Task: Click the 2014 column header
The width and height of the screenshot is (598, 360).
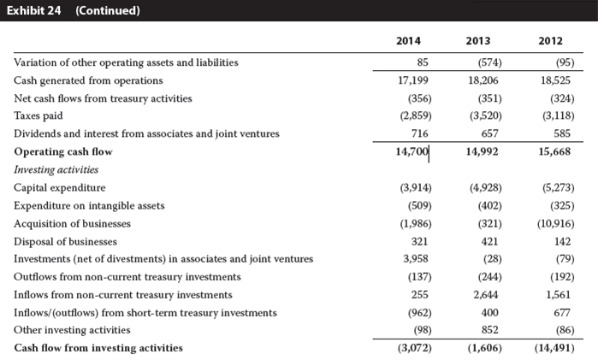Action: click(x=408, y=41)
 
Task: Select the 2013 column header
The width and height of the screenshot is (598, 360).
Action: click(x=478, y=41)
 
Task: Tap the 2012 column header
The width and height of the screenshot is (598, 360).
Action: click(x=550, y=41)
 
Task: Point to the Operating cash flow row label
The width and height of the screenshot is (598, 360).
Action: click(x=63, y=151)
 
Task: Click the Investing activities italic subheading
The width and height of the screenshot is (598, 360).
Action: click(x=56, y=169)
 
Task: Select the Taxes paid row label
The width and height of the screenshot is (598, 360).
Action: click(x=38, y=115)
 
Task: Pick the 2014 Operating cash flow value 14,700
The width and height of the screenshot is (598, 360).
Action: click(x=411, y=151)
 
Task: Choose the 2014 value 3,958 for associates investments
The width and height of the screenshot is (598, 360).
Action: click(x=416, y=259)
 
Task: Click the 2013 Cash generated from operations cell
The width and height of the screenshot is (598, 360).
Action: click(x=483, y=80)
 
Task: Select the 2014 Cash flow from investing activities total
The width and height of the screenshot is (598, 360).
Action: click(x=415, y=348)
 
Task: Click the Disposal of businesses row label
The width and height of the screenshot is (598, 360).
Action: click(x=65, y=242)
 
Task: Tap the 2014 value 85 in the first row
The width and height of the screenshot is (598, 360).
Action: click(x=423, y=62)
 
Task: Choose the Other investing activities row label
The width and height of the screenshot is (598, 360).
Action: click(x=72, y=330)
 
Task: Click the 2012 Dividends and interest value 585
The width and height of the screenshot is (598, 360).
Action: click(x=562, y=133)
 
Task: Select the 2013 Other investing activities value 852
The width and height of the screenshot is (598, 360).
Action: click(x=489, y=330)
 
